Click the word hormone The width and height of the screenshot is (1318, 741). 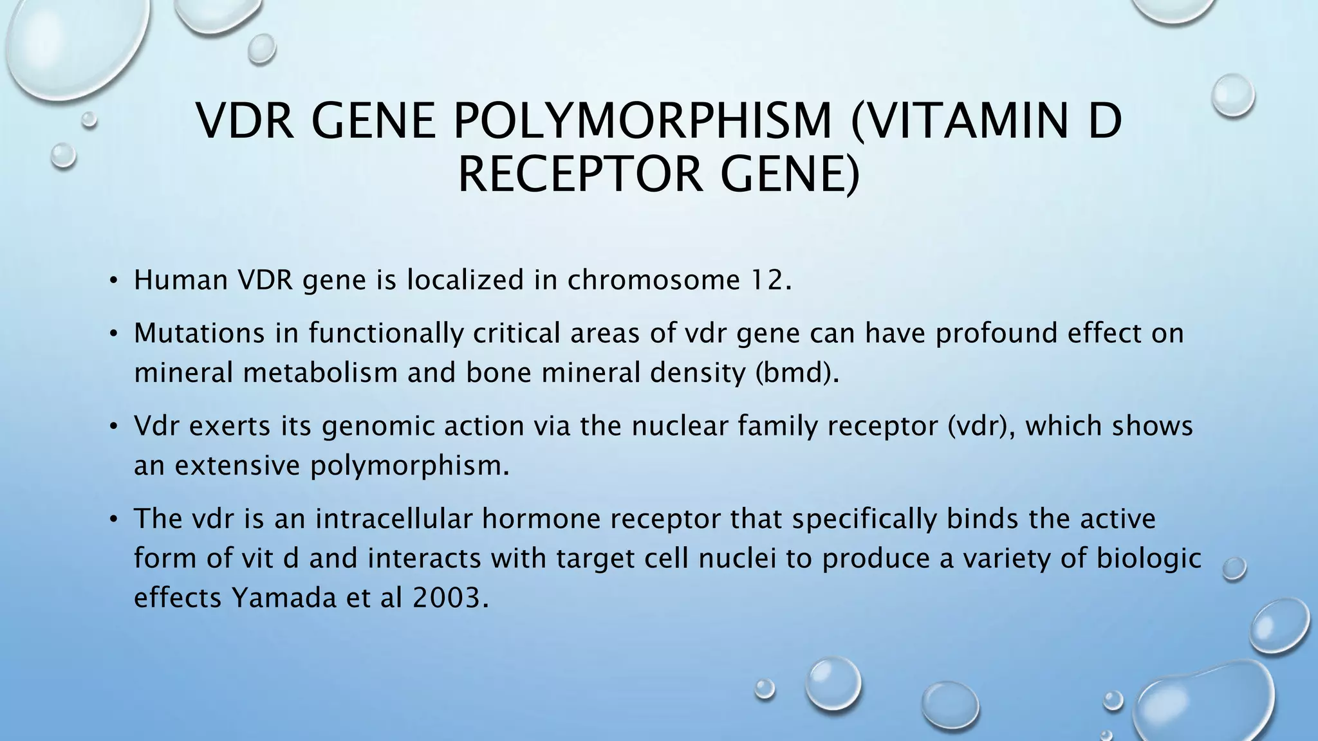(x=541, y=519)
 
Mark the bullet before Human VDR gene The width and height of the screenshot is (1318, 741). (x=113, y=280)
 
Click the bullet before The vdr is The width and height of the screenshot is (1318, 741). (x=113, y=519)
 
